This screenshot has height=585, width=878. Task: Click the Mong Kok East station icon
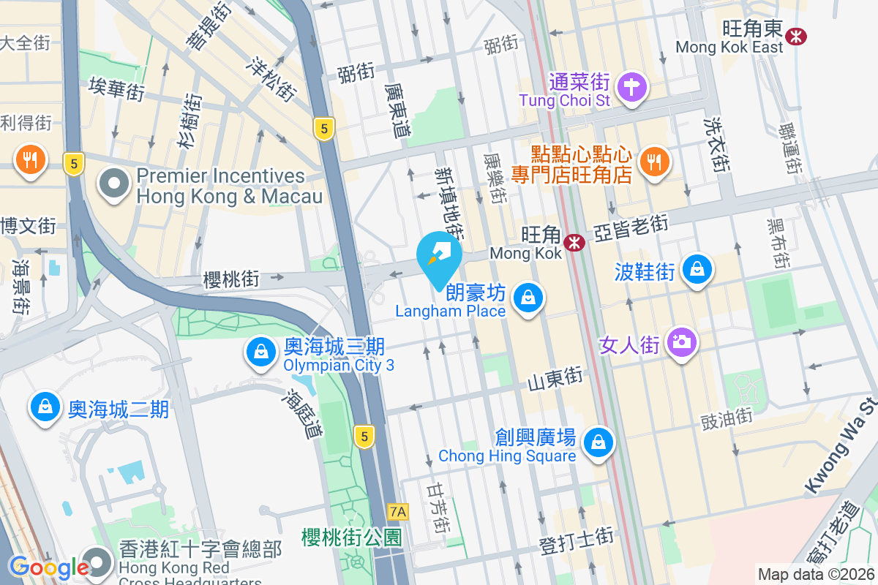(795, 34)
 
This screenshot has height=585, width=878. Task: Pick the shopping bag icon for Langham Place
(527, 297)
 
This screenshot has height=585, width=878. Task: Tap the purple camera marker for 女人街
(682, 341)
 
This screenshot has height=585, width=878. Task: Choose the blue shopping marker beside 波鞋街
(697, 269)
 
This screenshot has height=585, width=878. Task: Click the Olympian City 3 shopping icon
(260, 352)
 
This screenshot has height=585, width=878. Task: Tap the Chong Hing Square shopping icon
(599, 441)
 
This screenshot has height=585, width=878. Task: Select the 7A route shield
(398, 511)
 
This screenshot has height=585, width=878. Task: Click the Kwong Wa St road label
(841, 445)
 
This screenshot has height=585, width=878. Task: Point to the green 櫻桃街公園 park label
(351, 537)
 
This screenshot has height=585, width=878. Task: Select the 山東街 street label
(555, 377)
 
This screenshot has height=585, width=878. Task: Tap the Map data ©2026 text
(816, 575)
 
